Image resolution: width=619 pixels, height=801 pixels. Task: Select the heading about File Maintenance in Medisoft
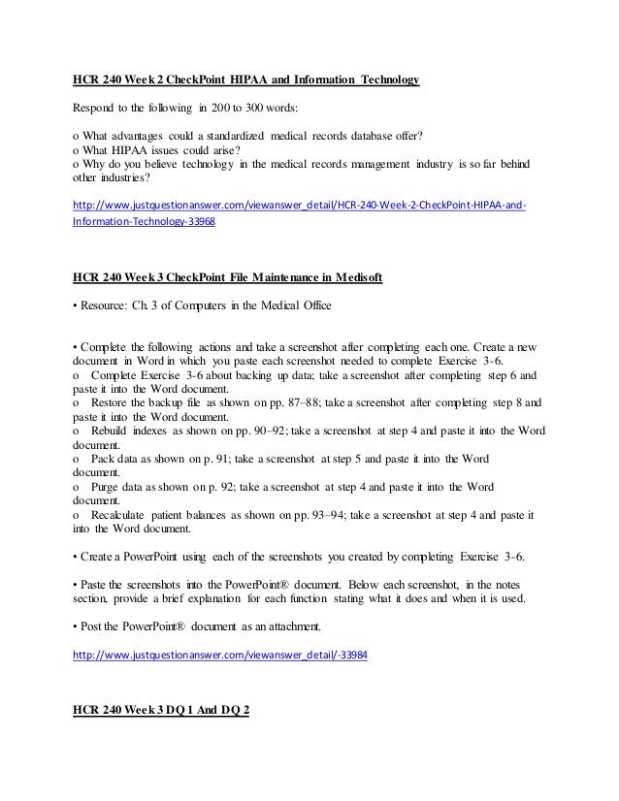point(227,278)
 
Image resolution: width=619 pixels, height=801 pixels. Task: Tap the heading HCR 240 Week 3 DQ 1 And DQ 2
point(161,711)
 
